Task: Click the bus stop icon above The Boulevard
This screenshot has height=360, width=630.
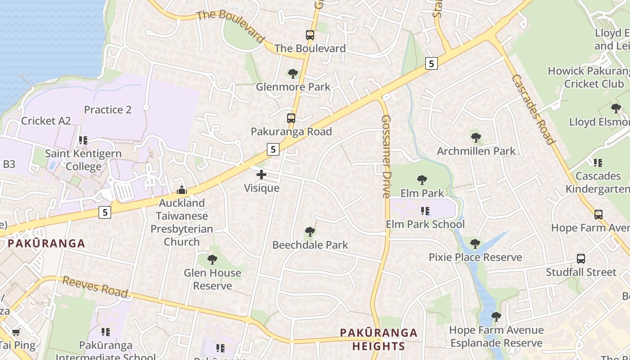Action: (x=310, y=35)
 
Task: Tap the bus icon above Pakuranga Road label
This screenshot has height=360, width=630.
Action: (x=291, y=119)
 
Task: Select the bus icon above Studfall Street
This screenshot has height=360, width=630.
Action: (x=581, y=259)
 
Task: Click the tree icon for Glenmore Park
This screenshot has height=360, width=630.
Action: (x=293, y=73)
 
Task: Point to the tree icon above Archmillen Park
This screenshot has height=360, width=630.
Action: (x=476, y=138)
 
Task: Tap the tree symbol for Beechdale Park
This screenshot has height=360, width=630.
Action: (x=310, y=232)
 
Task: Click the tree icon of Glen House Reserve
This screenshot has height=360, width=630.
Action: (x=212, y=260)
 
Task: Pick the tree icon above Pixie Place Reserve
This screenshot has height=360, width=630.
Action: (x=475, y=244)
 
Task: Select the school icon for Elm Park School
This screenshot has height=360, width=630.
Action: (x=425, y=211)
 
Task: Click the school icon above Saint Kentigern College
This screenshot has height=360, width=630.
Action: (x=83, y=140)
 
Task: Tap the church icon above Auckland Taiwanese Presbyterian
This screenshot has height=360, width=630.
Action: (x=182, y=190)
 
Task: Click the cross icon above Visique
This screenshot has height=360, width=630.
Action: (x=261, y=175)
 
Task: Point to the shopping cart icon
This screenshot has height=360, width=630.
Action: (x=16, y=332)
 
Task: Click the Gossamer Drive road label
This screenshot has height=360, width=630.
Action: (x=386, y=156)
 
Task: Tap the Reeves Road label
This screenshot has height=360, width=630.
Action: (x=95, y=287)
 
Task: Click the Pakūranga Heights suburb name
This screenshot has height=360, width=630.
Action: (x=378, y=339)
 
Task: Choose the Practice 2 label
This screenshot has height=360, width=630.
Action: (x=108, y=110)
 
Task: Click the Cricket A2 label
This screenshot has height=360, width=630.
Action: (x=46, y=121)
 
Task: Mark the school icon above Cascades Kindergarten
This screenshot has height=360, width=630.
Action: (x=598, y=162)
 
